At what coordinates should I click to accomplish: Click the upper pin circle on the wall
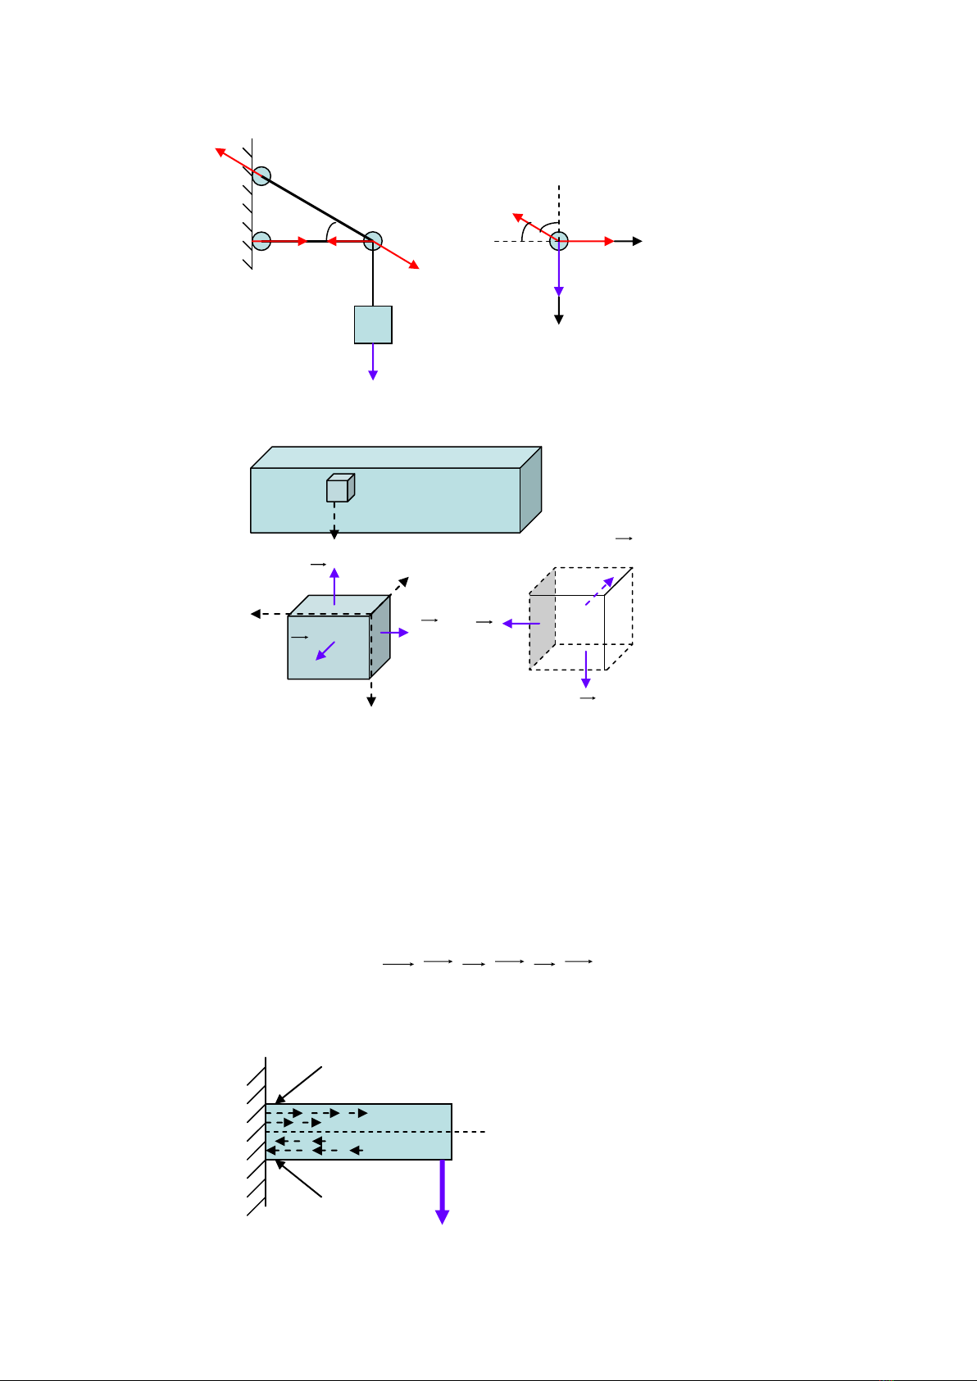(x=261, y=175)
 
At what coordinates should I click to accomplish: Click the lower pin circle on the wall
(x=261, y=241)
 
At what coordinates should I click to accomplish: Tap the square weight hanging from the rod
(x=373, y=325)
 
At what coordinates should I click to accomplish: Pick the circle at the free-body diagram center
(x=559, y=241)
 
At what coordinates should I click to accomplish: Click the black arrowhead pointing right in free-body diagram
(x=637, y=241)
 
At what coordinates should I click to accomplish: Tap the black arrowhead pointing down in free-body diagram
(x=559, y=319)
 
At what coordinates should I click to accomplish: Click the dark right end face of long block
(x=531, y=489)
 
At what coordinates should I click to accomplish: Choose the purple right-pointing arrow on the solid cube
(x=394, y=633)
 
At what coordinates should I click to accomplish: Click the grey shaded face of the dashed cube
(x=542, y=620)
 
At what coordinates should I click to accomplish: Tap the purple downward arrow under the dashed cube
(x=586, y=670)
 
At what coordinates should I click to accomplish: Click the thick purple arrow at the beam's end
(x=443, y=1192)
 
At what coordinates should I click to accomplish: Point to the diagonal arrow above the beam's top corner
(x=300, y=1084)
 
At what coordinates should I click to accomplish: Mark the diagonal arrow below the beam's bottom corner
(x=299, y=1179)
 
